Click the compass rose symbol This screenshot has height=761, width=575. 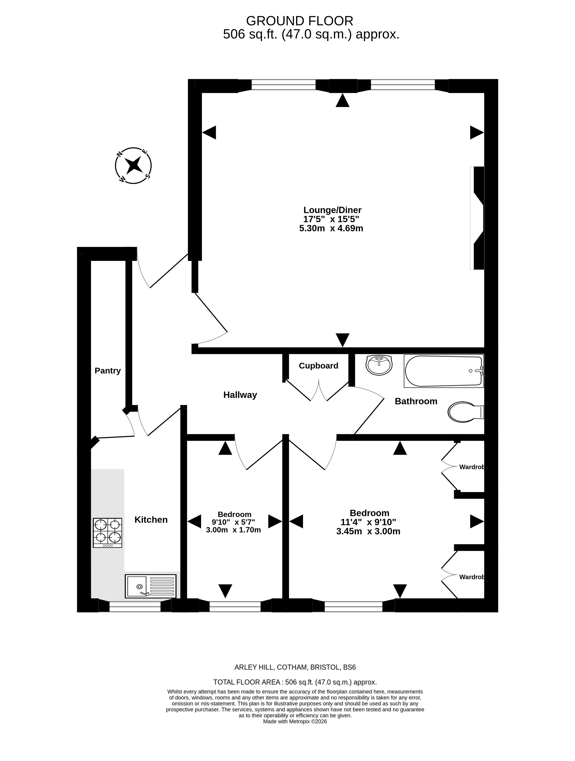pyautogui.click(x=133, y=166)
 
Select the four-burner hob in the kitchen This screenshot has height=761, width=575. pyautogui.click(x=108, y=533)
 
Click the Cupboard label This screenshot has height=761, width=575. pyautogui.click(x=318, y=365)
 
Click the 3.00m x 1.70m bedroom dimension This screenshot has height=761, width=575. pyautogui.click(x=234, y=530)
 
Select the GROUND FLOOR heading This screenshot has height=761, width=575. pyautogui.click(x=300, y=21)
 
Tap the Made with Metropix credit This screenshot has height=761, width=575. pyautogui.click(x=295, y=721)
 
